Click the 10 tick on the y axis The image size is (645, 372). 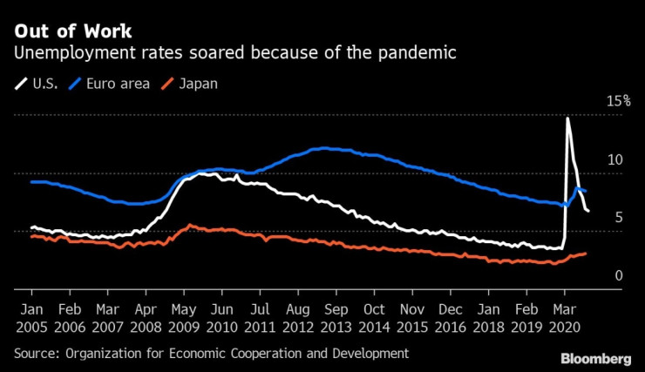[617, 159]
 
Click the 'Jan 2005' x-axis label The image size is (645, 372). [31, 318]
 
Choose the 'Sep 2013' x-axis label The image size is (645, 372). [336, 318]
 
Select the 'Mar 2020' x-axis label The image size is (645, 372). [565, 318]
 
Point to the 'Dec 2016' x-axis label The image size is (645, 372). [451, 318]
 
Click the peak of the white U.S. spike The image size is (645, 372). [567, 118]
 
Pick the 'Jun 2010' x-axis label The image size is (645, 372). [222, 318]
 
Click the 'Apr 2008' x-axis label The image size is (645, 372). [146, 318]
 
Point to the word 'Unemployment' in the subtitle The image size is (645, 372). [67, 53]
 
